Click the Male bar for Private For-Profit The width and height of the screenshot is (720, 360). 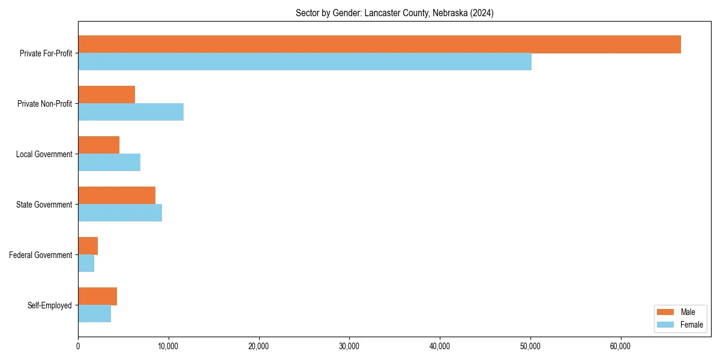click(379, 44)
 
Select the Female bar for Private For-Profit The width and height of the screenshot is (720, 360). click(305, 62)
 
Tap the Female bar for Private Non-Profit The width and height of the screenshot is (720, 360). click(131, 112)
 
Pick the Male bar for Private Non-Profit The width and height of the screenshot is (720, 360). click(106, 95)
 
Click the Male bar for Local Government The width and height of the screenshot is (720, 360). click(98, 145)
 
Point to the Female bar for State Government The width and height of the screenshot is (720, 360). click(120, 213)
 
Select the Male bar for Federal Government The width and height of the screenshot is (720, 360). click(88, 246)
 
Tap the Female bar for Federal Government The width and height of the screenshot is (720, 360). click(86, 263)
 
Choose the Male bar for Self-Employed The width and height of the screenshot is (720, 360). click(97, 296)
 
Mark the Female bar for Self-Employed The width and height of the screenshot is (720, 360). click(94, 314)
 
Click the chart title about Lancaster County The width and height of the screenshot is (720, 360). click(394, 13)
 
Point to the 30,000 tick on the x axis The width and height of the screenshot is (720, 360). click(349, 346)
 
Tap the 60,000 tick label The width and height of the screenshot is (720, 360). click(620, 346)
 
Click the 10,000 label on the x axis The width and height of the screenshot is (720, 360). click(169, 346)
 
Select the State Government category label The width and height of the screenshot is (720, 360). click(44, 205)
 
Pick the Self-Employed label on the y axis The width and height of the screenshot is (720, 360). click(49, 305)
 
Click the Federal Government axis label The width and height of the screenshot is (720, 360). click(40, 255)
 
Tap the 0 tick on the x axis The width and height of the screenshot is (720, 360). click(78, 346)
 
